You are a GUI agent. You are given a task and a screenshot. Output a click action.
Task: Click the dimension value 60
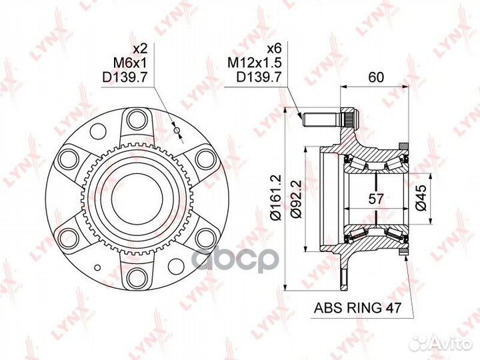[375, 77]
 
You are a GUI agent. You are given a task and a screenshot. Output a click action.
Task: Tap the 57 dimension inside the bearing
[375, 199]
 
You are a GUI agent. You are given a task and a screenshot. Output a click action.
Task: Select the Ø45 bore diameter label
[421, 197]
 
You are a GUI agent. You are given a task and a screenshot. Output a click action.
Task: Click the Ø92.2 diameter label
[296, 199]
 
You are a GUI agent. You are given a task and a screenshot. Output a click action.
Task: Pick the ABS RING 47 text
[357, 307]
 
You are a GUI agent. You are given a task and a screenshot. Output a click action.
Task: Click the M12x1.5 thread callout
[255, 63]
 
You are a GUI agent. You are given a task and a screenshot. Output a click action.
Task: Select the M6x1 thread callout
[130, 63]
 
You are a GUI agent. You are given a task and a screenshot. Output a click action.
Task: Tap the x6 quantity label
[274, 49]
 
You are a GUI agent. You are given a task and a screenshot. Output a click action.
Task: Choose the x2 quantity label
[141, 49]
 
